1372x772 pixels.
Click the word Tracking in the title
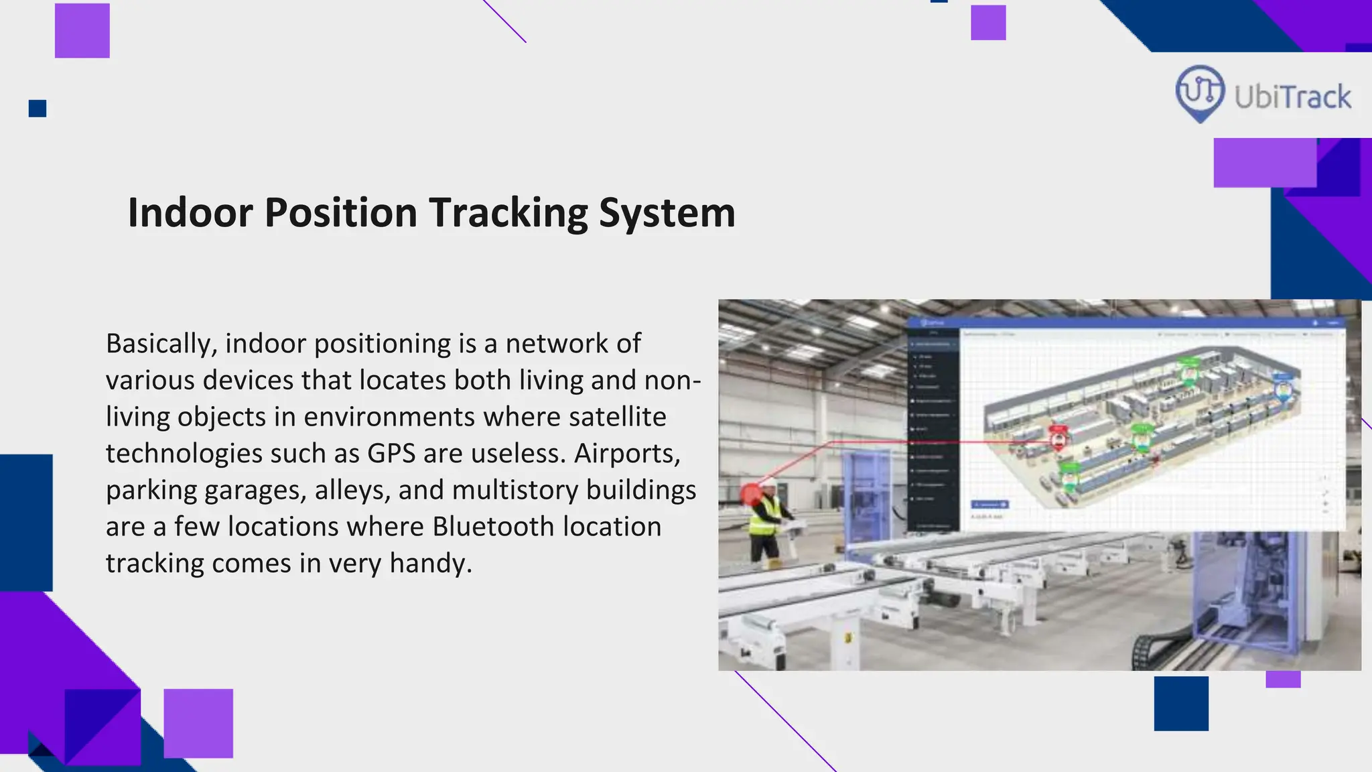tap(508, 213)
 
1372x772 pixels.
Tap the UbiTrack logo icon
tap(1200, 92)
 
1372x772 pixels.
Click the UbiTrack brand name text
tap(1292, 98)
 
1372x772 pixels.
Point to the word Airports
tap(627, 454)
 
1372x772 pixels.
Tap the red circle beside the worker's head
tap(751, 495)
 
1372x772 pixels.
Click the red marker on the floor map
tap(1058, 438)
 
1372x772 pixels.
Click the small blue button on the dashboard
tap(989, 504)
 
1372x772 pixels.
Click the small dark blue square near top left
tap(38, 109)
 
